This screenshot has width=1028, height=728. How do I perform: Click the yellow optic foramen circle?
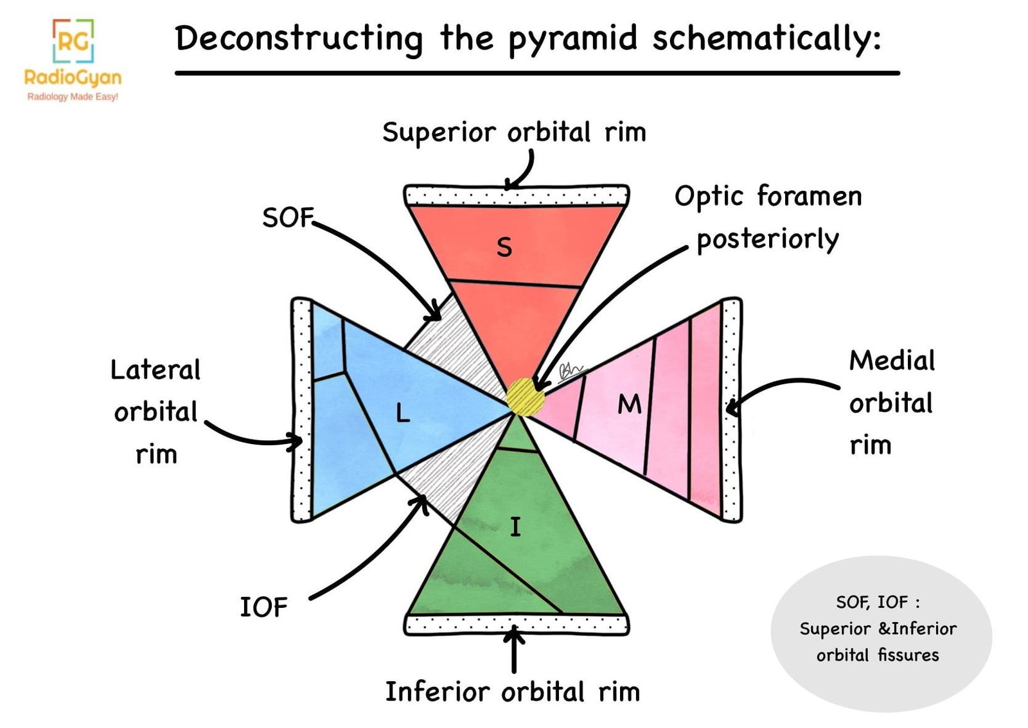525,396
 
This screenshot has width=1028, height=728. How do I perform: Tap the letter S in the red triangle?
504,247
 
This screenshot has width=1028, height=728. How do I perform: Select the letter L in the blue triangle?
403,413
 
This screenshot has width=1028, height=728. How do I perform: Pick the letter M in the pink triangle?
629,404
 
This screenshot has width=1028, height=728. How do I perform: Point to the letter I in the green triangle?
515,527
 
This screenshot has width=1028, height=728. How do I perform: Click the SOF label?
287,218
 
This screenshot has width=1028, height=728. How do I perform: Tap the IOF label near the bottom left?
263,607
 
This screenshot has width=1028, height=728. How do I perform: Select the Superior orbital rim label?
514,132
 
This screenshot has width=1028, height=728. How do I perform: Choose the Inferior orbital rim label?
512,692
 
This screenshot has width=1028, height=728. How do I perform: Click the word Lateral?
155,370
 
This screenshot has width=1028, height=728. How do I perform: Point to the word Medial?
892,361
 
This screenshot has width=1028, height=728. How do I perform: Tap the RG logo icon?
73,40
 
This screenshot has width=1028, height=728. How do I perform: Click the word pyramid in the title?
572,39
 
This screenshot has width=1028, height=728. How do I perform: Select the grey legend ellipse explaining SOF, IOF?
880,633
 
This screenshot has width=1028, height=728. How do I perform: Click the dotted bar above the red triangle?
516,195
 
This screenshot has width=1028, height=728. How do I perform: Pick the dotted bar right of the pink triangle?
731,409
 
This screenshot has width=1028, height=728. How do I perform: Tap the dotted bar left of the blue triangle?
301,409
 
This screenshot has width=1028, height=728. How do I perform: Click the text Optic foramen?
768,197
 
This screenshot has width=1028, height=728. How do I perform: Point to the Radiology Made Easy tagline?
73,97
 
